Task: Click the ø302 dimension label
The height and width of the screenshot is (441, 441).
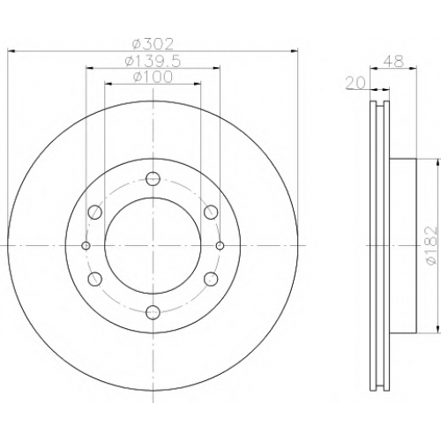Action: tap(153, 44)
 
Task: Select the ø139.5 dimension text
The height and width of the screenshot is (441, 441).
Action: tap(153, 61)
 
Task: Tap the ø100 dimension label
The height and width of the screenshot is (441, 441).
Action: tap(153, 77)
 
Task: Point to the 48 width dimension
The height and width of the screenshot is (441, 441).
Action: tap(393, 61)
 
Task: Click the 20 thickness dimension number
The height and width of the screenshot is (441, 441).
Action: tap(355, 83)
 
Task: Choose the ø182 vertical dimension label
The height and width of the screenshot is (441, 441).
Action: tap(431, 245)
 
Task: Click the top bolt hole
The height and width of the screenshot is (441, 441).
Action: tap(153, 178)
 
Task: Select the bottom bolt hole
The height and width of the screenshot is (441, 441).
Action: tap(153, 312)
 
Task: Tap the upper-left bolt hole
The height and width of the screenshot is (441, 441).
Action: tap(95, 212)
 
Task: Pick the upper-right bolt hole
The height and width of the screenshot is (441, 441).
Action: tap(211, 212)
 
